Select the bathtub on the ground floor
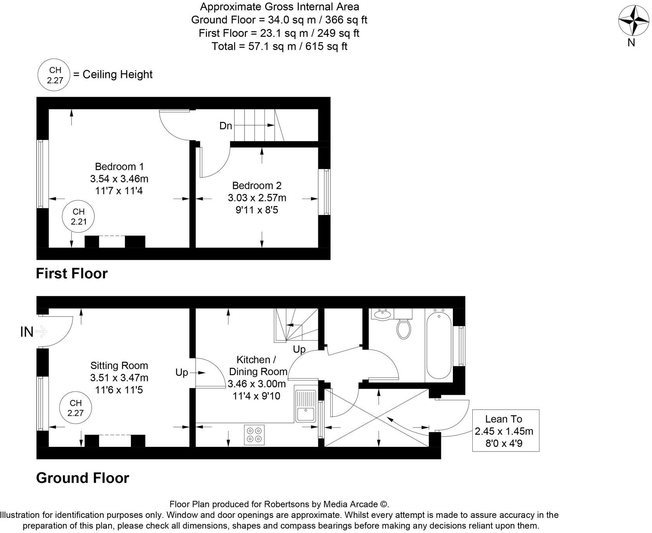[439, 344]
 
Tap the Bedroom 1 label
[119, 166]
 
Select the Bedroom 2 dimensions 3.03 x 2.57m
[257, 198]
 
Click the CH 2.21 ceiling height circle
[78, 216]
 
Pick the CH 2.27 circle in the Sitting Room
[75, 408]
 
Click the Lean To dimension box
[505, 431]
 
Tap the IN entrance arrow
[41, 332]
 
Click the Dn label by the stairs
[225, 126]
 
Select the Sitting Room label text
[119, 365]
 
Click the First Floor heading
[72, 273]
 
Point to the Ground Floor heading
[82, 478]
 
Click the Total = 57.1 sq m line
[279, 47]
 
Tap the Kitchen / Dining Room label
[258, 365]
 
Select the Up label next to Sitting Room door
[182, 372]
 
